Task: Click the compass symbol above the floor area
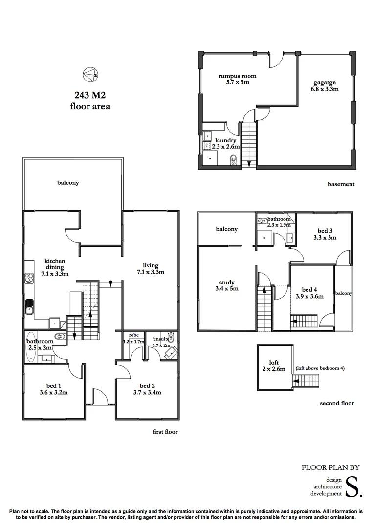(89, 74)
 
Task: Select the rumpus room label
(237, 76)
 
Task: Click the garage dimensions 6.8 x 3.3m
(325, 89)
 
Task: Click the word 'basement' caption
(340, 184)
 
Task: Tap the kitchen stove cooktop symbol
(28, 279)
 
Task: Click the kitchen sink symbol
(29, 307)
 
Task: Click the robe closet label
(133, 336)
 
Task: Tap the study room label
(227, 282)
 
